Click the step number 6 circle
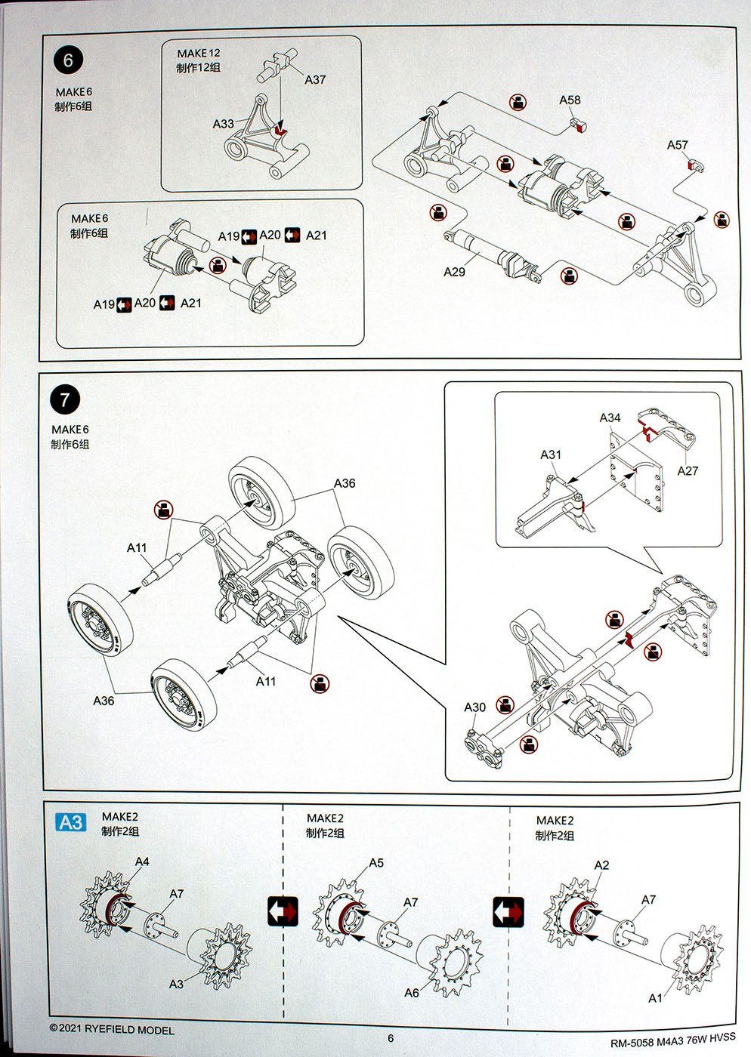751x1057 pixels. [x=69, y=60]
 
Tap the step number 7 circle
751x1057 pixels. [x=65, y=399]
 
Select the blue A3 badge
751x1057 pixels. [x=71, y=822]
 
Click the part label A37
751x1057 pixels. [x=315, y=79]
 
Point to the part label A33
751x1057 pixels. [x=223, y=123]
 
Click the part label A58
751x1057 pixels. [x=570, y=100]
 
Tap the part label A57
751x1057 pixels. [x=677, y=145]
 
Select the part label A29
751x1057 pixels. [x=454, y=272]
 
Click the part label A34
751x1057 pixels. [x=610, y=418]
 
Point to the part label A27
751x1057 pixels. [x=688, y=470]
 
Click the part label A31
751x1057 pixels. [x=551, y=455]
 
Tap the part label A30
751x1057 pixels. [x=474, y=707]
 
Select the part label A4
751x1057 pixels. [x=142, y=861]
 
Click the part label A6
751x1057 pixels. [x=411, y=993]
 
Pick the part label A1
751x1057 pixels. [x=655, y=998]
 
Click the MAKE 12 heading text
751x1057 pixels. [x=199, y=53]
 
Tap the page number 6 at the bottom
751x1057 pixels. [x=391, y=1038]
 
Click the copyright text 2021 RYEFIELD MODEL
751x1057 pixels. [x=112, y=1029]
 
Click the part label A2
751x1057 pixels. [x=601, y=865]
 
